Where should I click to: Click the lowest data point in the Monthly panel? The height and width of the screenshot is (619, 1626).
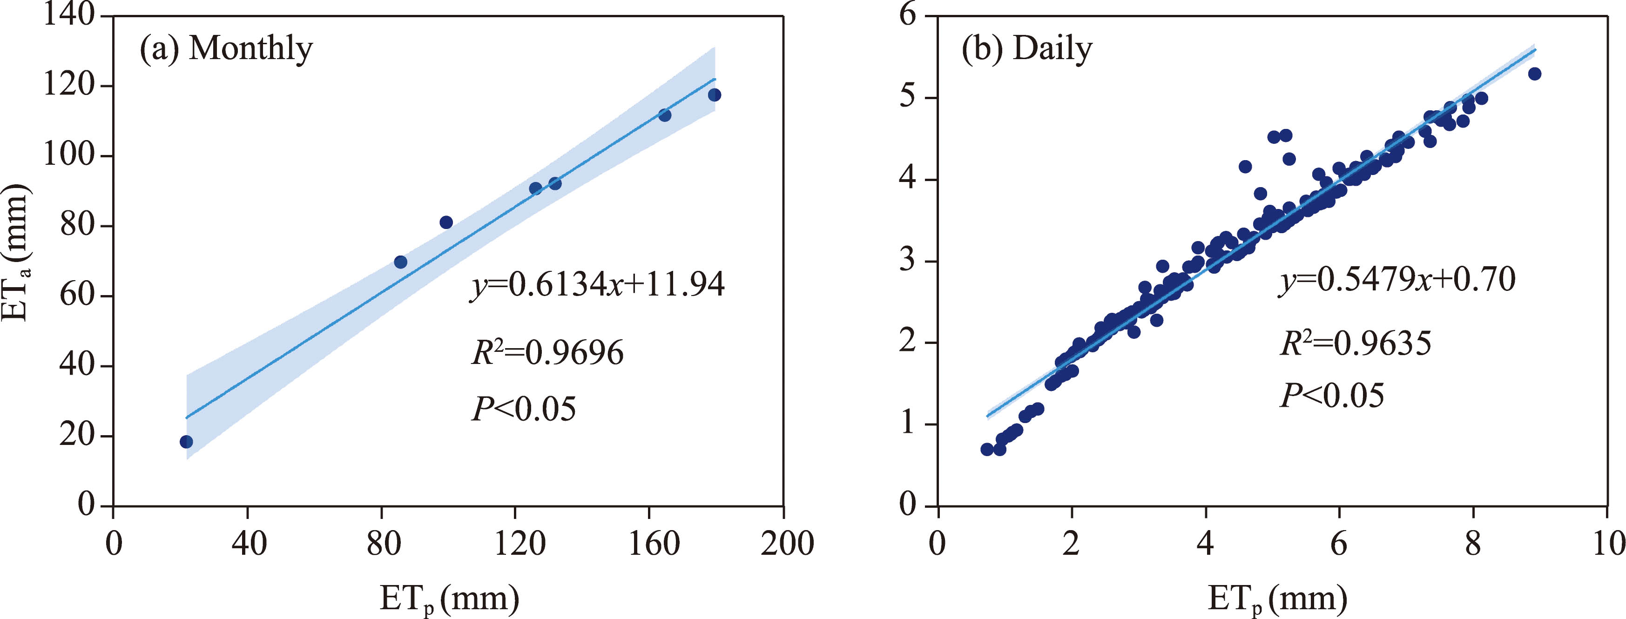(186, 442)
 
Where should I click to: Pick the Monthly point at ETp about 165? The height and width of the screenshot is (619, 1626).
(665, 115)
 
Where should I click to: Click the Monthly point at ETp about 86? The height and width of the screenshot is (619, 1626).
(400, 262)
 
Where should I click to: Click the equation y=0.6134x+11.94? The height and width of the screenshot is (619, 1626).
(598, 285)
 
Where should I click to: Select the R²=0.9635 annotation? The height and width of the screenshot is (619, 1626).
(1355, 344)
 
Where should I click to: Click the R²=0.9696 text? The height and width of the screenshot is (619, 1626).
(547, 353)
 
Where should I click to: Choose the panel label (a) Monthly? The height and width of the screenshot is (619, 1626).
(226, 48)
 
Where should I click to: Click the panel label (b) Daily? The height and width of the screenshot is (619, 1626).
(1026, 48)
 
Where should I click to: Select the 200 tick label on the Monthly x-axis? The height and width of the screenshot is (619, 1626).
(787, 543)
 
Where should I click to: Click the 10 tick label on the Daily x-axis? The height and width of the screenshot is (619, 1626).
(1608, 543)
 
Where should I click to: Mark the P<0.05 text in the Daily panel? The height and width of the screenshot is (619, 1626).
(1332, 396)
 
